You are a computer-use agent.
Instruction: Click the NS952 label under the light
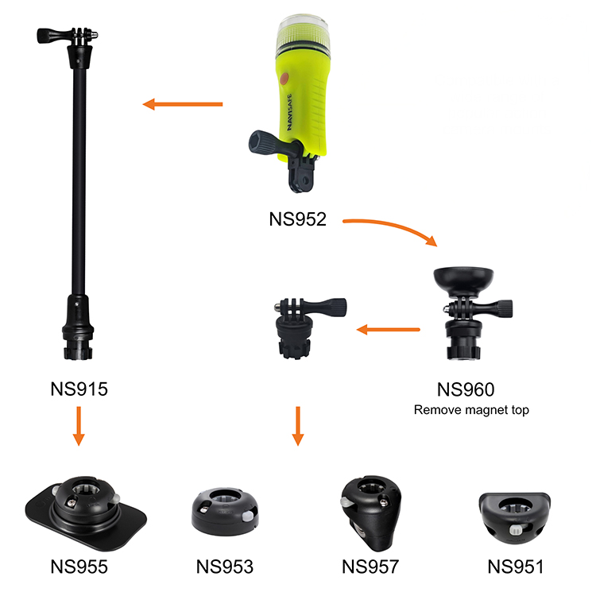298,219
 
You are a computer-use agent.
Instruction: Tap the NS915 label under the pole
79,389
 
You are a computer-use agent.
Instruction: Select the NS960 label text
466,389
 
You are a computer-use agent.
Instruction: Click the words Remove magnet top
471,410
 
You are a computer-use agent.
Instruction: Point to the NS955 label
79,567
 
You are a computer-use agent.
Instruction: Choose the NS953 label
225,567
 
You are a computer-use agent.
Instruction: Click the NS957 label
370,567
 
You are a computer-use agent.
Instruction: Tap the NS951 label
516,567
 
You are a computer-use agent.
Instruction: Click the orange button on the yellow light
284,79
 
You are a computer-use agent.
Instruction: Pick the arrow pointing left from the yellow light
183,104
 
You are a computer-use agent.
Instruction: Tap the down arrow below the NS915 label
79,426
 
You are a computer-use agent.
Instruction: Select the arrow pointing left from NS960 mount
388,330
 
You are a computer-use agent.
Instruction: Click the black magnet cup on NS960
463,281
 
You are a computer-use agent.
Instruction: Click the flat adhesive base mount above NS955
87,512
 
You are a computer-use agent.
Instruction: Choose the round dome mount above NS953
225,512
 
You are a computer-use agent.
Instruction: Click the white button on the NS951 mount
516,530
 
